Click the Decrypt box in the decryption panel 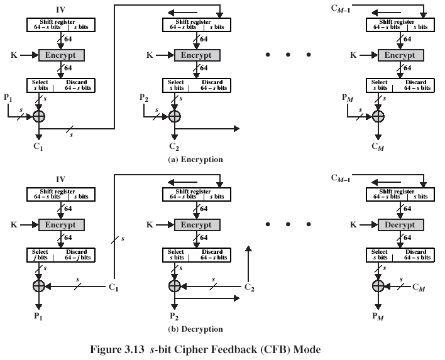coord(400,224)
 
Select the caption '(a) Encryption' coord(195,160)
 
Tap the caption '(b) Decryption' coord(195,329)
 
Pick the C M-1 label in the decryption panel coord(343,178)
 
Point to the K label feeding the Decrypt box coord(353,224)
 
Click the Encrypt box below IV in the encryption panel coord(62,55)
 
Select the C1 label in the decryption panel coord(114,287)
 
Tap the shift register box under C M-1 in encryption coord(400,25)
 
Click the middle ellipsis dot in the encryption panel coord(288,55)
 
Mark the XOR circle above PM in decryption coord(378,286)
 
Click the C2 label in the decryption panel coord(250,287)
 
